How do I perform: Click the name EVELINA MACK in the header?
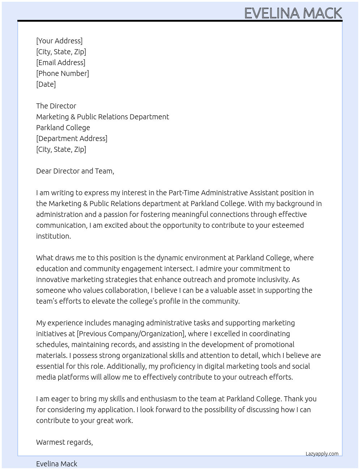(x=293, y=13)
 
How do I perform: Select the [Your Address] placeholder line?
(x=59, y=41)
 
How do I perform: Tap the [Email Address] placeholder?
(x=61, y=63)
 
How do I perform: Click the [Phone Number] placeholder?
(x=63, y=73)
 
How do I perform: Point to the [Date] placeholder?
(x=46, y=84)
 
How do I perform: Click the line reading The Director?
(x=56, y=106)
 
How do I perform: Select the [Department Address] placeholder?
(x=72, y=138)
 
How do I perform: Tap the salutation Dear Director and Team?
(x=75, y=171)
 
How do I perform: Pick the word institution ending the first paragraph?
(x=53, y=236)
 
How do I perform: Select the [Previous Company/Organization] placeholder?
(x=131, y=334)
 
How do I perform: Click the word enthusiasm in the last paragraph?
(x=158, y=399)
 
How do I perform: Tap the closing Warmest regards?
(x=64, y=442)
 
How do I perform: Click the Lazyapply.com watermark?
(x=322, y=454)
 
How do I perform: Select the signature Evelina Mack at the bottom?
(x=57, y=464)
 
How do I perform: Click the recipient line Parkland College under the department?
(x=63, y=128)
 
